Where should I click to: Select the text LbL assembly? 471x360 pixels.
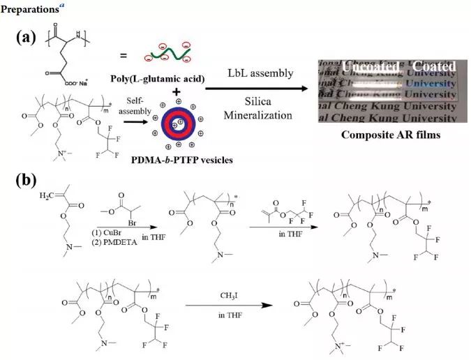(x=260, y=73)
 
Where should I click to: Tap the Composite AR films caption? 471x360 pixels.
(x=390, y=135)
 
